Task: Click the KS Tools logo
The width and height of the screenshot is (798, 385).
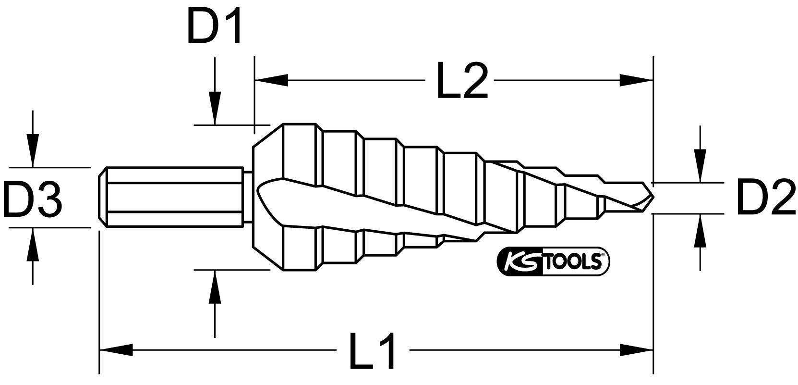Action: (x=552, y=261)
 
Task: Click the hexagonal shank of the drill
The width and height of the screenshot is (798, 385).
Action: (x=173, y=196)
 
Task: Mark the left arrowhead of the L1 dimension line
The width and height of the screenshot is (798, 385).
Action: (x=115, y=350)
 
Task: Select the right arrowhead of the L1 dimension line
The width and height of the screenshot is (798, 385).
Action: (x=636, y=350)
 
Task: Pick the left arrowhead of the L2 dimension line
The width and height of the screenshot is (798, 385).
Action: (x=271, y=80)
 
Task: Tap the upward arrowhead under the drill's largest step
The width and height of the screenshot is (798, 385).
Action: (x=215, y=286)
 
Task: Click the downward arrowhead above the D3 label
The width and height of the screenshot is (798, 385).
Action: (x=32, y=151)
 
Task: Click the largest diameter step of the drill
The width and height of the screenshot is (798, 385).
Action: (x=300, y=197)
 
